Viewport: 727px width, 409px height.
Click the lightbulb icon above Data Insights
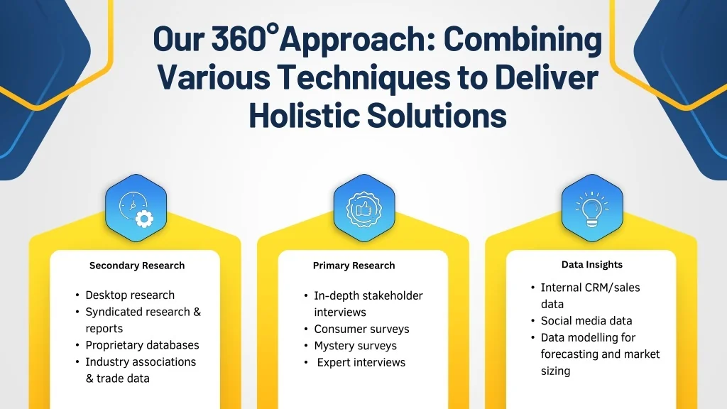tap(592, 209)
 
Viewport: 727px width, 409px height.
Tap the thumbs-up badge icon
tap(364, 209)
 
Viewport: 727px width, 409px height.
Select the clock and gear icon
tap(136, 209)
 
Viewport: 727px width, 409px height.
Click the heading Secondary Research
tap(137, 266)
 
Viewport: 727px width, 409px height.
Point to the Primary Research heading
tap(354, 266)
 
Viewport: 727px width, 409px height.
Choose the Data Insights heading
tap(591, 265)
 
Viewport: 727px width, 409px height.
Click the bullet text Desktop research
tap(130, 295)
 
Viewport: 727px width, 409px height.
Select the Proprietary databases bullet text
tap(142, 345)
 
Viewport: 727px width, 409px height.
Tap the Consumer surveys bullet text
tap(361, 329)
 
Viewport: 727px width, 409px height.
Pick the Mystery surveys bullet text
tap(355, 346)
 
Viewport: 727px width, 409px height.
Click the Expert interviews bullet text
tap(361, 362)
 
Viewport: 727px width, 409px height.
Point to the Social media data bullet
tap(586, 320)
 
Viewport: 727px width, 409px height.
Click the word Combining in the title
tap(523, 40)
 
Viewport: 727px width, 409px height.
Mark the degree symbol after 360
tap(273, 30)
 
